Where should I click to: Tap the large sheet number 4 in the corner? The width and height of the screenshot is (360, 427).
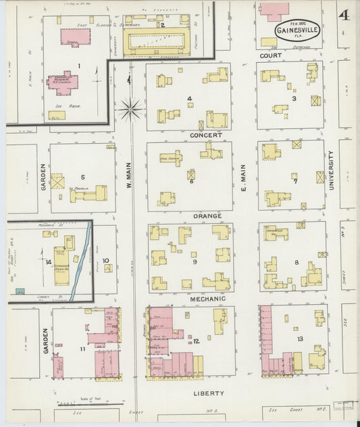(x=344, y=15)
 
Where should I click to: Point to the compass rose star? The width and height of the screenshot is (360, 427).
(x=130, y=106)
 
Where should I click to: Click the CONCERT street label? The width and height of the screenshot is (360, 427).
(x=205, y=135)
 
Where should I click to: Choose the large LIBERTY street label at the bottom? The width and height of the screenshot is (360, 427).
(x=207, y=393)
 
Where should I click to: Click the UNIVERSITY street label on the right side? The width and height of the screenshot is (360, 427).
(x=332, y=170)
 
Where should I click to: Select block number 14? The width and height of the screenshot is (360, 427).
(x=48, y=261)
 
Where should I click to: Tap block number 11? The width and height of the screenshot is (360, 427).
(x=82, y=349)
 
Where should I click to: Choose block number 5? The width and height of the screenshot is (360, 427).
(x=82, y=178)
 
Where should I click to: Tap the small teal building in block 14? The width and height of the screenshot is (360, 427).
(x=20, y=291)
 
